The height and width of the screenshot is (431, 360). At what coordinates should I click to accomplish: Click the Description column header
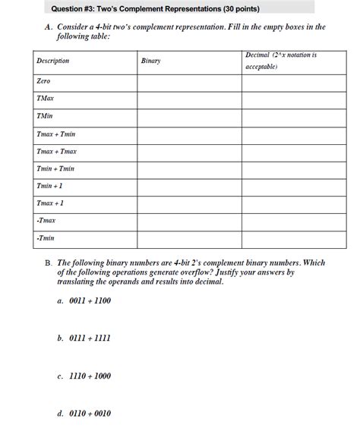point(52,61)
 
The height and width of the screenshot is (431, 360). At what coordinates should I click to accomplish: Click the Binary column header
point(150,61)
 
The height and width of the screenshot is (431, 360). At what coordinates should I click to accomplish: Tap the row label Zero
point(43,80)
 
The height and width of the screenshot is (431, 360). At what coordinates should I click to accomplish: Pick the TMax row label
point(46,99)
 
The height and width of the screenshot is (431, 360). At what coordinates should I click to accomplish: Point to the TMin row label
point(45,116)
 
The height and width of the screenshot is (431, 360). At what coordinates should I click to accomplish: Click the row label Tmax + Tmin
point(55,134)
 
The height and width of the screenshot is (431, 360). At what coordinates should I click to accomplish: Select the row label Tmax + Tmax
point(56,151)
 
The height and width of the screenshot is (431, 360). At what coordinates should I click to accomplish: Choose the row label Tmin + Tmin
point(55,168)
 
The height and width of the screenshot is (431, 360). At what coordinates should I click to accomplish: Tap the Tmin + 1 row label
point(50,186)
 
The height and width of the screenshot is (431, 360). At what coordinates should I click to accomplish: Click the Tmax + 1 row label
point(51,203)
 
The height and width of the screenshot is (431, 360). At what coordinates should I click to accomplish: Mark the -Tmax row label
point(46,221)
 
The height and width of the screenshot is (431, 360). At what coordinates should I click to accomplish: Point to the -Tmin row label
point(46,239)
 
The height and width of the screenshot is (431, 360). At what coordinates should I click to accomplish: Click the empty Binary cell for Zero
point(188,80)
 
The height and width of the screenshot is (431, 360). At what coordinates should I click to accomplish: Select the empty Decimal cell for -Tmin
point(283,239)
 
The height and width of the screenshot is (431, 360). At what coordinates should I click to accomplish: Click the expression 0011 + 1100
point(89,300)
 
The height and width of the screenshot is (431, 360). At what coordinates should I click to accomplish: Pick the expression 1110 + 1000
point(89,375)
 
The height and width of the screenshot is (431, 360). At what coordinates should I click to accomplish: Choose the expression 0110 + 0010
point(89,414)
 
